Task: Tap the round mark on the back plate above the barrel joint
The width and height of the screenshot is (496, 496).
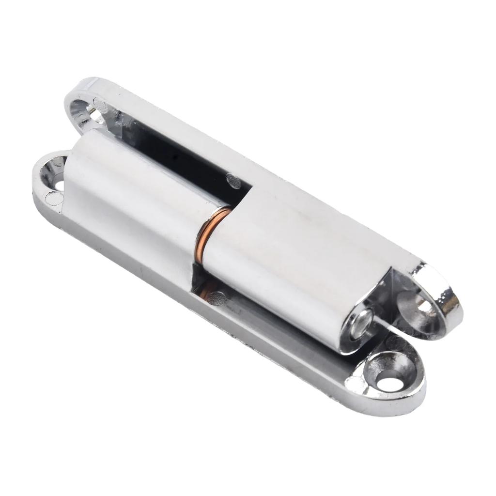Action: (234, 181)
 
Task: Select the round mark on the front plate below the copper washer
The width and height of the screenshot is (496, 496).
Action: (218, 298)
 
